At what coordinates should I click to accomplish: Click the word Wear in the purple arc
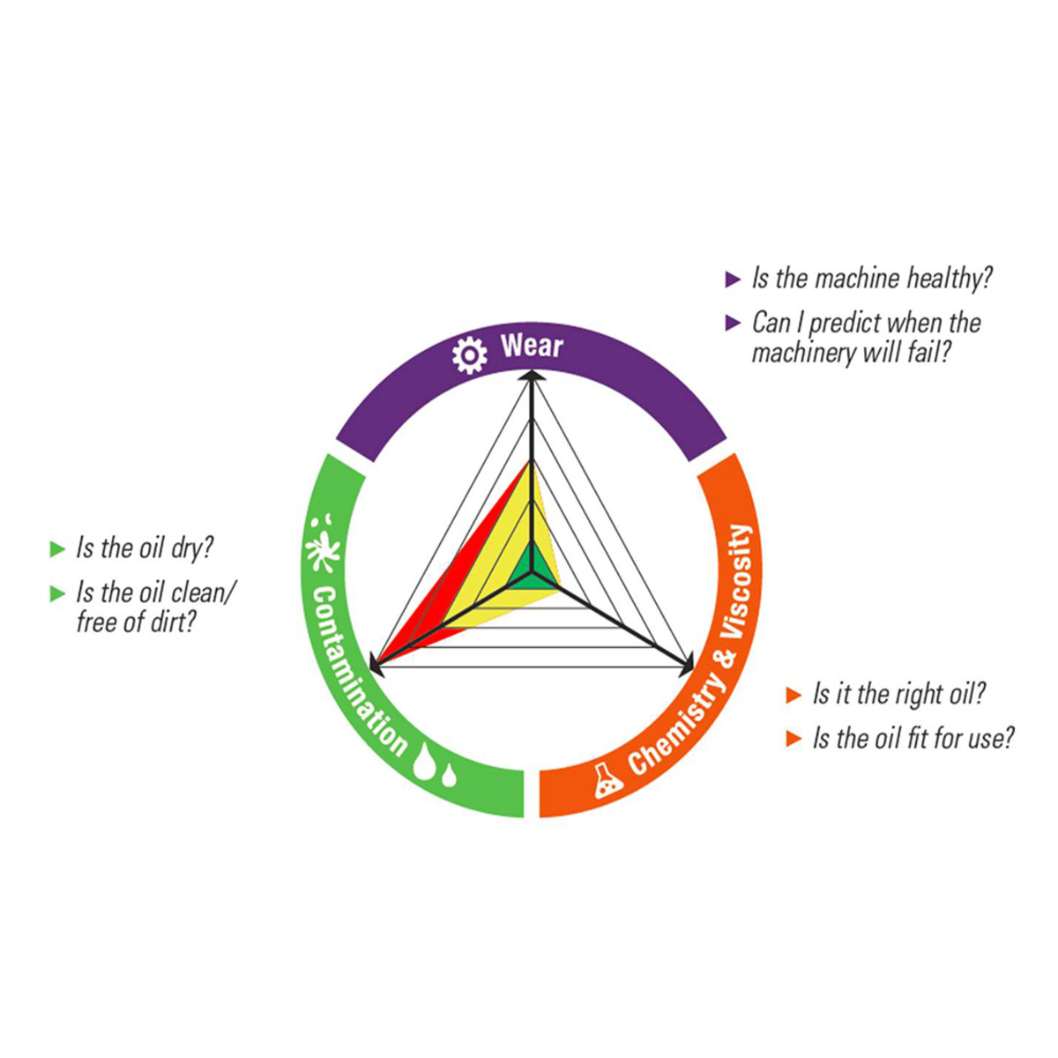pyautogui.click(x=532, y=346)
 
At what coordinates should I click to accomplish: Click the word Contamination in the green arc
pyautogui.click(x=360, y=669)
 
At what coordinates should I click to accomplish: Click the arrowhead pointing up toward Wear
pyautogui.click(x=531, y=376)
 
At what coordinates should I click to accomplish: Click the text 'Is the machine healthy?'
pyautogui.click(x=872, y=279)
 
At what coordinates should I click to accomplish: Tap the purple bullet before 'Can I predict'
pyautogui.click(x=733, y=323)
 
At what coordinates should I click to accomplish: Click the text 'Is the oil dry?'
pyautogui.click(x=145, y=548)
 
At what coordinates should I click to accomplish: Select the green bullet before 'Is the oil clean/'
pyautogui.click(x=57, y=593)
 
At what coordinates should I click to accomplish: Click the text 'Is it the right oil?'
pyautogui.click(x=899, y=695)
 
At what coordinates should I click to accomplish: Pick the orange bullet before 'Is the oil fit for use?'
pyautogui.click(x=793, y=739)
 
